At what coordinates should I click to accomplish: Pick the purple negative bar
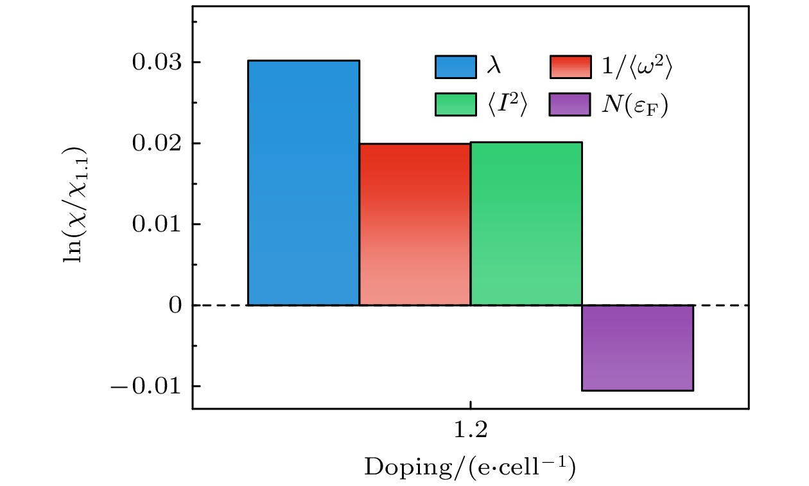(x=637, y=347)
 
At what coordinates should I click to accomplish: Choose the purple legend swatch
(x=570, y=105)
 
